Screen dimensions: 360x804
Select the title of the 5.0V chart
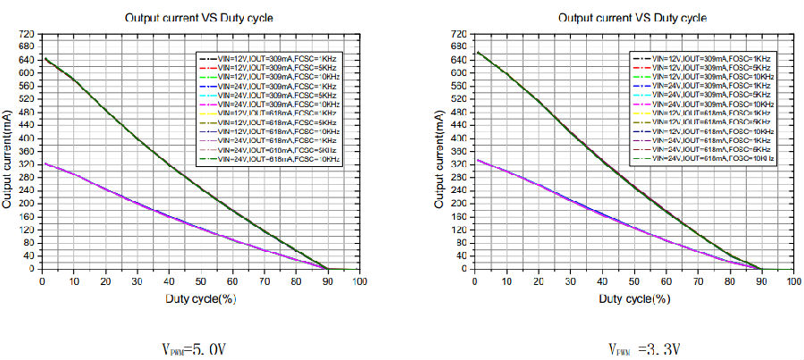coord(199,17)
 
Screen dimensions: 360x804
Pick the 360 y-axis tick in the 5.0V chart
coord(26,151)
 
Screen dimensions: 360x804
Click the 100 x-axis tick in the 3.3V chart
coord(792,281)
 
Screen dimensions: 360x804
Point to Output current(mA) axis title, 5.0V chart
coord(7,152)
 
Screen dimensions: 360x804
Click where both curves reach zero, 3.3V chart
coord(761,269)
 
